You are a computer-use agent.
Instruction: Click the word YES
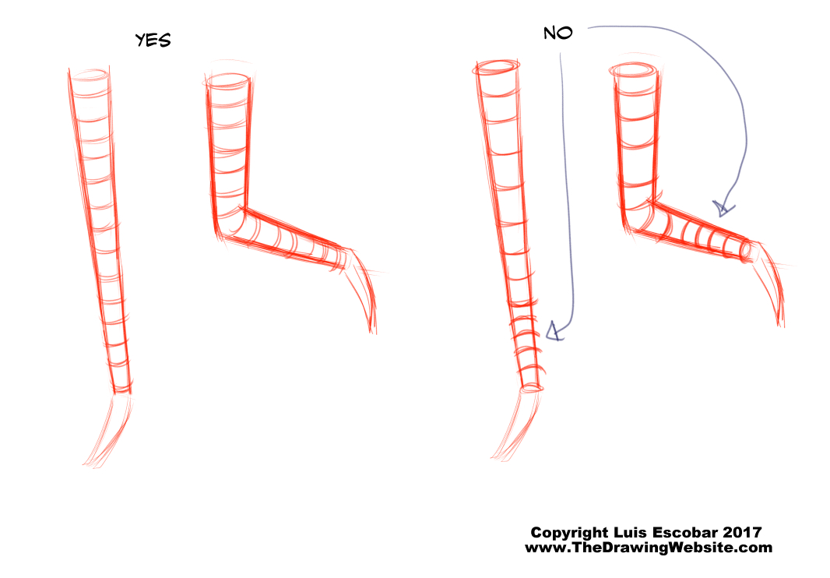[153, 41]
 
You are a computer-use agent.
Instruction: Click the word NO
[558, 33]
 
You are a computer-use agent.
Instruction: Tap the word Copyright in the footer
[569, 533]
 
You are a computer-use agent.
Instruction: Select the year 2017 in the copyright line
[742, 532]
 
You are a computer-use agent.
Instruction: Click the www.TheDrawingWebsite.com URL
[649, 548]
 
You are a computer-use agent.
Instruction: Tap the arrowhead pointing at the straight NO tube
[554, 331]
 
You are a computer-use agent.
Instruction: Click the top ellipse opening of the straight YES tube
[90, 75]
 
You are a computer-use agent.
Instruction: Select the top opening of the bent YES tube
[227, 81]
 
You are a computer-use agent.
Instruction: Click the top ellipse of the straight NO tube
[496, 67]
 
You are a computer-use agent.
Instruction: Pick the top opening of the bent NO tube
[634, 70]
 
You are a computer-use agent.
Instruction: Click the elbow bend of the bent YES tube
[229, 225]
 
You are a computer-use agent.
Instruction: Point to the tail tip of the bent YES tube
[373, 332]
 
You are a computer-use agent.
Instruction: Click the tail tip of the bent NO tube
[781, 324]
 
